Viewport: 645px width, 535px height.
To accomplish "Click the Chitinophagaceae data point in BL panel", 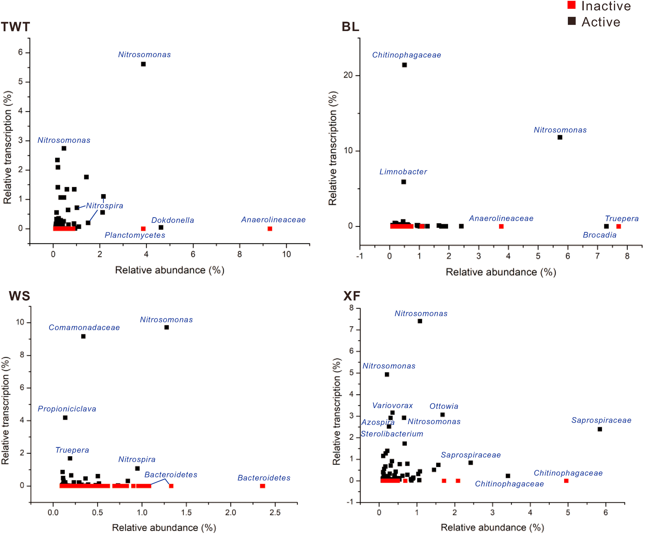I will coord(405,65).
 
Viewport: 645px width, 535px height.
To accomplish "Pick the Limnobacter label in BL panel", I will coord(403,172).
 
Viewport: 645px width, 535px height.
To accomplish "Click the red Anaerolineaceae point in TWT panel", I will coord(270,229).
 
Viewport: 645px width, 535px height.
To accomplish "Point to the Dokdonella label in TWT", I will coord(173,220).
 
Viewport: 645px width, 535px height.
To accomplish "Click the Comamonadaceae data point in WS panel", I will coord(83,336).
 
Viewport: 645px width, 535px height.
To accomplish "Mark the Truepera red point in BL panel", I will coord(619,226).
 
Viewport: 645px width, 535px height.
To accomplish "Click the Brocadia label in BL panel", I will coord(600,235).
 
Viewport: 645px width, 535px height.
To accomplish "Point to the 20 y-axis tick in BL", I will coord(348,75).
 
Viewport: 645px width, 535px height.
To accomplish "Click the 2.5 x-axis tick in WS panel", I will coord(275,512).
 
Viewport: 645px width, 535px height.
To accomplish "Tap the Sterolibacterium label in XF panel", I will coord(392,434).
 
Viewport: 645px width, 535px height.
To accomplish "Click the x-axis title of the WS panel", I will coord(164,528).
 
